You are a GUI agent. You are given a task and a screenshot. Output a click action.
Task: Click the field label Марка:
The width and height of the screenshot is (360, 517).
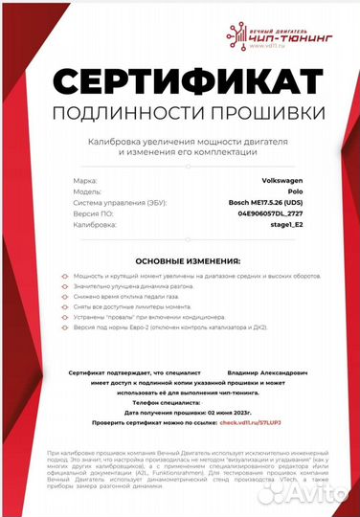[83, 179]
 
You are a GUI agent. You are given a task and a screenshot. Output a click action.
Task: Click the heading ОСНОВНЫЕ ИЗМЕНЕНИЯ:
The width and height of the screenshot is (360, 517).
[180, 259]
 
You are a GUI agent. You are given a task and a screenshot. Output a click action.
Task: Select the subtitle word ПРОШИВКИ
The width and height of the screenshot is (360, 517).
[258, 114]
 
